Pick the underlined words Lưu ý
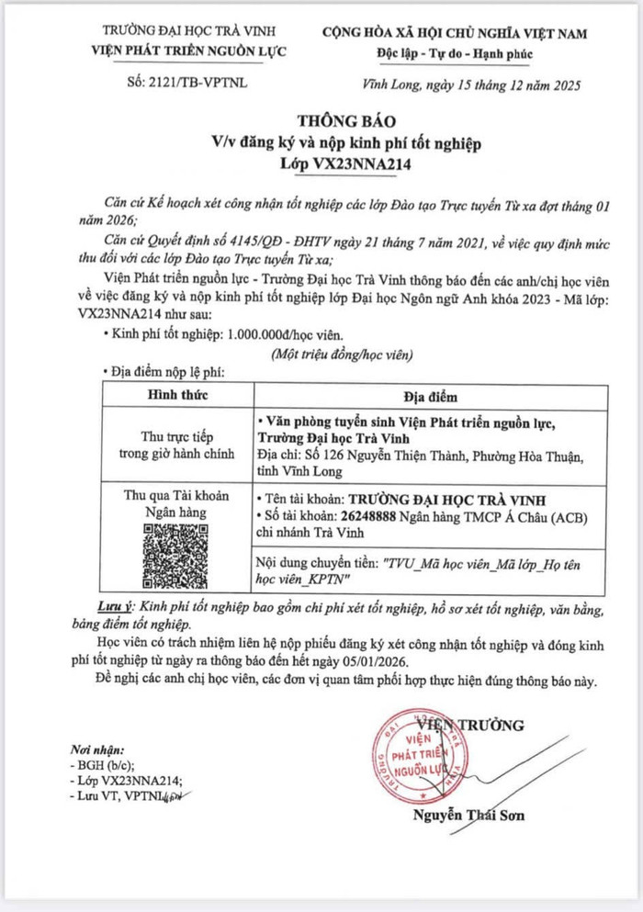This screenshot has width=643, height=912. [116, 607]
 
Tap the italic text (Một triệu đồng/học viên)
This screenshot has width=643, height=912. [342, 354]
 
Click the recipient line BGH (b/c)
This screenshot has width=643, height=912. [105, 764]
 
